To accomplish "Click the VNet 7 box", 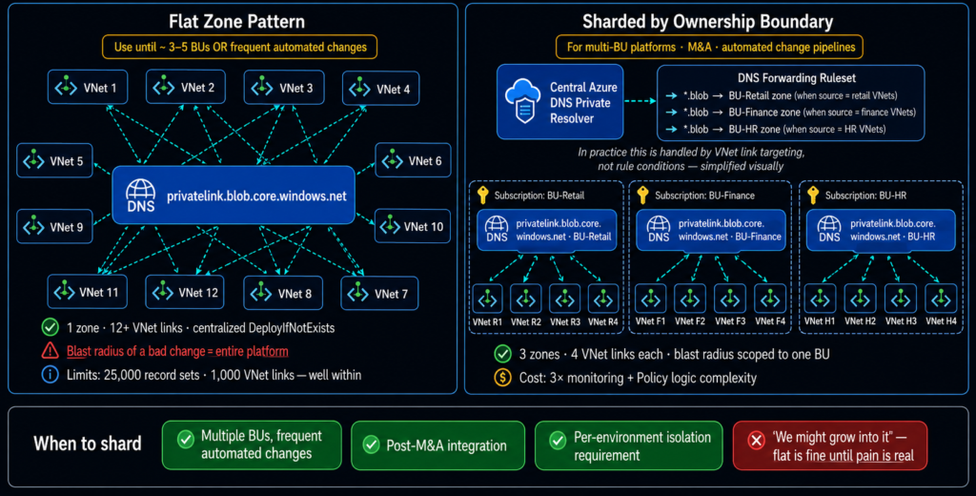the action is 379,294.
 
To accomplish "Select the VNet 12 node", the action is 184,292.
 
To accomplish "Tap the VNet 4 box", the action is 381,89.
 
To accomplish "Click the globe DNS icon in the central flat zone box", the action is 141,195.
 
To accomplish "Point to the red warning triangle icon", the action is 50,351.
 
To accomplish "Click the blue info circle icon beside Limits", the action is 50,375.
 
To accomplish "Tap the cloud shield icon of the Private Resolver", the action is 523,101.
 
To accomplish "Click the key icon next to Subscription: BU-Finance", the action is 643,195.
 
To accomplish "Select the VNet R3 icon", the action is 564,300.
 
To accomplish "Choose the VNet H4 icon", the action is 941,300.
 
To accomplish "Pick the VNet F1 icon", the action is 650,300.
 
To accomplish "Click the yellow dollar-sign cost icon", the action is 503,378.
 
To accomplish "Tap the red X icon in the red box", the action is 756,441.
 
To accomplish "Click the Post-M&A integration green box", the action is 437,444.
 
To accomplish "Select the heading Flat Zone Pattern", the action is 236,22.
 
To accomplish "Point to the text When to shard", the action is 88,444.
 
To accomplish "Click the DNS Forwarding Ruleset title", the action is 796,78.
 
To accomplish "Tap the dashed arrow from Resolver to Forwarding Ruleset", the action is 640,101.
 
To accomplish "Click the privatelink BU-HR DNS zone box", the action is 880,230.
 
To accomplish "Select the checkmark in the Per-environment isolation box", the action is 558,440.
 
